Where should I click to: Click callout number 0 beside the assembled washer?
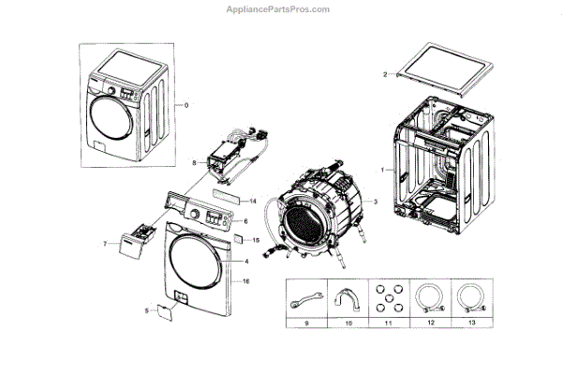tap(185, 104)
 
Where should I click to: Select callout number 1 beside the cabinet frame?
tap(381, 170)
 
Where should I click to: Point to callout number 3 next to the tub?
tap(375, 202)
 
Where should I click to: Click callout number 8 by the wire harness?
tap(194, 162)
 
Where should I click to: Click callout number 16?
tap(245, 281)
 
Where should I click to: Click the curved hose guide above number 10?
tap(346, 299)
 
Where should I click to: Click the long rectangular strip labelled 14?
tap(226, 197)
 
